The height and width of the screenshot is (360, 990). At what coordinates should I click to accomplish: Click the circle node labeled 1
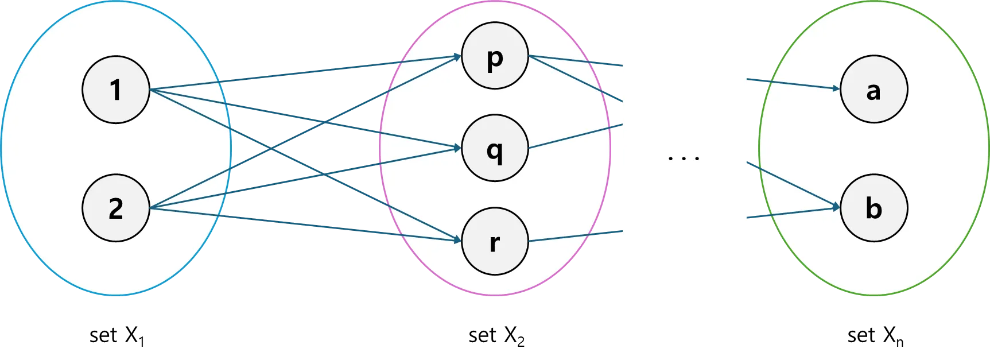pyautogui.click(x=116, y=90)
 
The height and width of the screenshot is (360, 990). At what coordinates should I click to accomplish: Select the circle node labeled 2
pyautogui.click(x=116, y=208)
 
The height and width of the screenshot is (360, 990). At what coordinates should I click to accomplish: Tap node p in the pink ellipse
pyautogui.click(x=495, y=56)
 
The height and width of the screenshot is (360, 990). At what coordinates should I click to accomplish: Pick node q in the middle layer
pyautogui.click(x=495, y=148)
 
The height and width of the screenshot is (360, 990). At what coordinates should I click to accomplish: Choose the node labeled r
pyautogui.click(x=495, y=241)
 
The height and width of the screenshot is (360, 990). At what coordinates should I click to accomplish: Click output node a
pyautogui.click(x=873, y=90)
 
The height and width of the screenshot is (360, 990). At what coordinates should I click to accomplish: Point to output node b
pyautogui.click(x=873, y=208)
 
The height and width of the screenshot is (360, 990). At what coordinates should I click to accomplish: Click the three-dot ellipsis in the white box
pyautogui.click(x=684, y=158)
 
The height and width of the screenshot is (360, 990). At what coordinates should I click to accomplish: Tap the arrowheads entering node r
pyautogui.click(x=457, y=239)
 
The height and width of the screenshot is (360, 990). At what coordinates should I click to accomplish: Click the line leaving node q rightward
pyautogui.click(x=574, y=136)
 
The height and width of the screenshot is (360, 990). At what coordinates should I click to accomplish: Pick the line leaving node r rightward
pyautogui.click(x=574, y=236)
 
